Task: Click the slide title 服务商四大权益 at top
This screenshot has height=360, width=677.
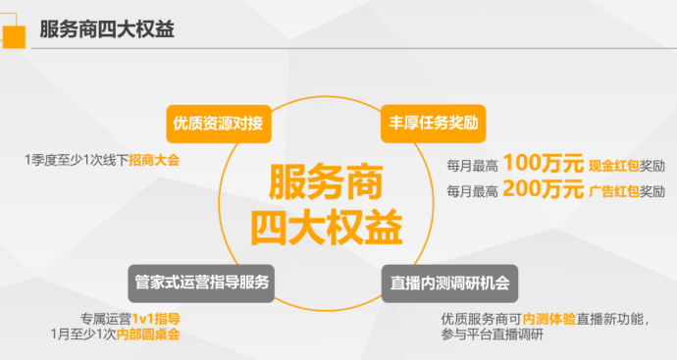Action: (107, 29)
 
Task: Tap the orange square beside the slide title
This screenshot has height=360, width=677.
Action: (14, 36)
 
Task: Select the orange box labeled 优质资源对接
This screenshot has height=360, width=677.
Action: (219, 124)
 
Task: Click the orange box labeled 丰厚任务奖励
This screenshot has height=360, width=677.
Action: (433, 124)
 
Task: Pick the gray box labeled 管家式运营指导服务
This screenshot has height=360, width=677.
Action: (201, 283)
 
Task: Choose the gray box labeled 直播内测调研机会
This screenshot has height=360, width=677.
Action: (449, 283)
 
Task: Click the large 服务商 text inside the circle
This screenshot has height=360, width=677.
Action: (326, 181)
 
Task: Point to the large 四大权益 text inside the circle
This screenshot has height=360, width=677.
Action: (327, 228)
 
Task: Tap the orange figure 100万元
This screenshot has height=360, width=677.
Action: (544, 163)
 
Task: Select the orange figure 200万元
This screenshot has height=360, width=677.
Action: (544, 188)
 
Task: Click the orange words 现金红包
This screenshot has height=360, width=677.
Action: (614, 166)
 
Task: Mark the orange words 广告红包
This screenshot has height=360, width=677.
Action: (614, 191)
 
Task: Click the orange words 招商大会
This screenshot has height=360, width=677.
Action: (154, 161)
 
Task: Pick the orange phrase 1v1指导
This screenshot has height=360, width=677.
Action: (156, 319)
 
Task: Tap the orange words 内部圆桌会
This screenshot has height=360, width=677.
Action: (148, 334)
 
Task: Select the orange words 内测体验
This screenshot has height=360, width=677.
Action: (549, 319)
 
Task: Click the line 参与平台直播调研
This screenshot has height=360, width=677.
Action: (493, 334)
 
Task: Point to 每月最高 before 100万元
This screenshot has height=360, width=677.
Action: (472, 166)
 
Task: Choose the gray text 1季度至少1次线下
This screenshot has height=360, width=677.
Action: (77, 161)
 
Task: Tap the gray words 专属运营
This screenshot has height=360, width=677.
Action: (106, 319)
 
